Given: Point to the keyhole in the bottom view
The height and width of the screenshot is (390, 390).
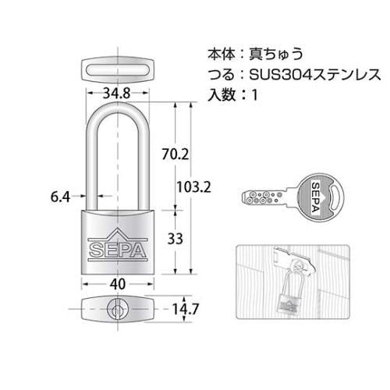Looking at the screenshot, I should pyautogui.click(x=117, y=310).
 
